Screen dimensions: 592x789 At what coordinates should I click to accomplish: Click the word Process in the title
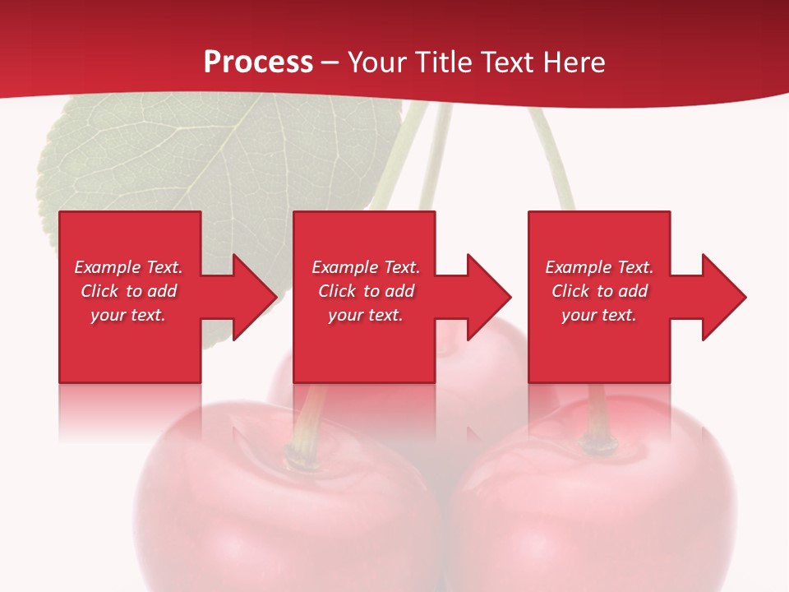[258, 62]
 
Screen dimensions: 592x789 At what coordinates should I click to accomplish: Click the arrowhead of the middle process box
[489, 297]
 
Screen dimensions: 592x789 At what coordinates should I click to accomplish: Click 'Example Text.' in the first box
[128, 267]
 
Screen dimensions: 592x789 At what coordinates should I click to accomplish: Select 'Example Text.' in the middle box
[366, 267]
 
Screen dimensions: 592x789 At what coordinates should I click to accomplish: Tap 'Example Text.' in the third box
[599, 267]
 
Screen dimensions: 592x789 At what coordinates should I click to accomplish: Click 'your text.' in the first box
[128, 315]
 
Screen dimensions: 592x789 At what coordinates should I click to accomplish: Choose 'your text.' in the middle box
[366, 315]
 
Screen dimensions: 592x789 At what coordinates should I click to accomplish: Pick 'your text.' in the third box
[599, 315]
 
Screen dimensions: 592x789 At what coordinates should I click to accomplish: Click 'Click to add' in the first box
[128, 291]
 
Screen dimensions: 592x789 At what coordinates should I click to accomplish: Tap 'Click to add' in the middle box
[366, 291]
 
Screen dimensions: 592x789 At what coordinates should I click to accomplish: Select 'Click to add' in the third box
[599, 291]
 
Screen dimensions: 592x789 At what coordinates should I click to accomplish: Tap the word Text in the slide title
[506, 62]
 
